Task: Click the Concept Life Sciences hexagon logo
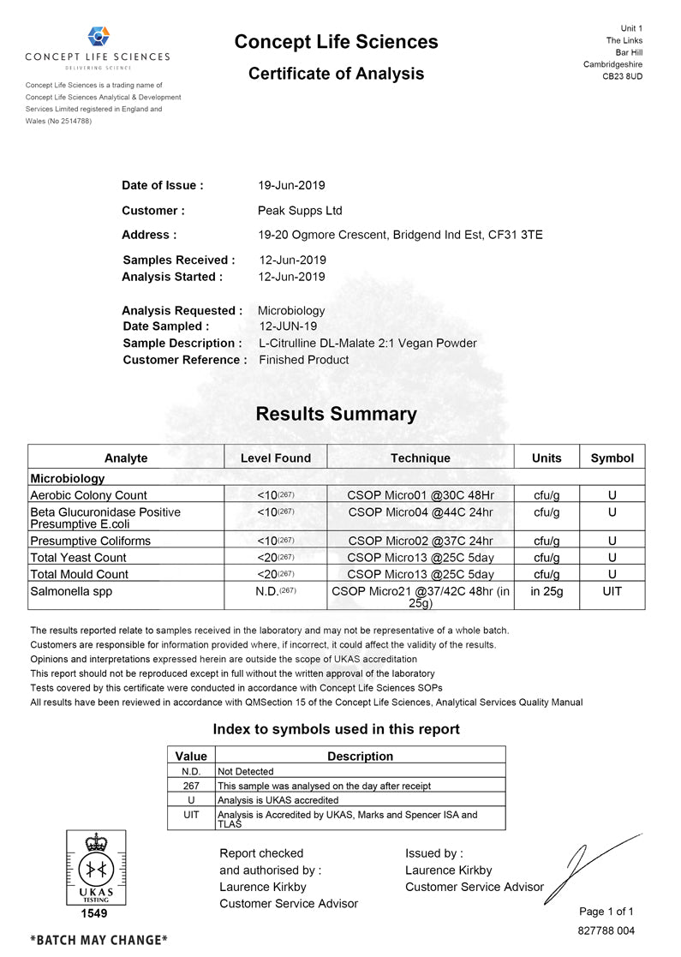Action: [99, 37]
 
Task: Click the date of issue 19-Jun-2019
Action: [291, 185]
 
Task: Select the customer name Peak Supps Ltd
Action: [300, 211]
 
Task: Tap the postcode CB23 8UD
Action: [623, 76]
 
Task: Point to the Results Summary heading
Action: [336, 415]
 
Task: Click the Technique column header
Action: [420, 458]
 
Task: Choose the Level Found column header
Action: [275, 458]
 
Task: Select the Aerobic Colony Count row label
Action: [88, 495]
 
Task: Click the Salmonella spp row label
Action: [71, 591]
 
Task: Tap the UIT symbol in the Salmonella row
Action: [612, 591]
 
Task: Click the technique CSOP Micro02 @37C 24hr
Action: [420, 541]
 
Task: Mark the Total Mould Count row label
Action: [79, 574]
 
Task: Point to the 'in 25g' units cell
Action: [547, 591]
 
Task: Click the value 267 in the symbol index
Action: [191, 786]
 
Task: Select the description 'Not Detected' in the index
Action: [246, 772]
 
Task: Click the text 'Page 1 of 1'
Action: [606, 912]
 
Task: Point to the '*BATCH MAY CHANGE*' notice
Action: [99, 940]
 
